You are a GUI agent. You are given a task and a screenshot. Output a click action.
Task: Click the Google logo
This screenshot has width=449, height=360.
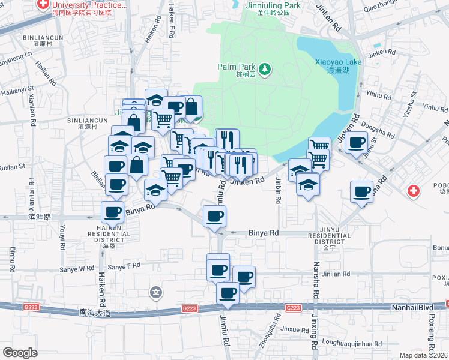click(20, 353)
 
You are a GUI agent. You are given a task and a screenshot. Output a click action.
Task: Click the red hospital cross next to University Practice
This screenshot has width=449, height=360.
click(43, 5)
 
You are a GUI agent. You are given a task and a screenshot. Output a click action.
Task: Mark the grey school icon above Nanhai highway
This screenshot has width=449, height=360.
click(157, 293)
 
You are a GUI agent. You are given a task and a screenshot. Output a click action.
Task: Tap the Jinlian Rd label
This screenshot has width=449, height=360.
click(336, 274)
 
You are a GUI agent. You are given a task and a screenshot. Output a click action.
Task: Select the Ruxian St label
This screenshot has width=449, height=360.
click(13, 166)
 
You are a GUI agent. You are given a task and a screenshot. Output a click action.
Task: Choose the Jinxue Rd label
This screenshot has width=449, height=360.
click(294, 329)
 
